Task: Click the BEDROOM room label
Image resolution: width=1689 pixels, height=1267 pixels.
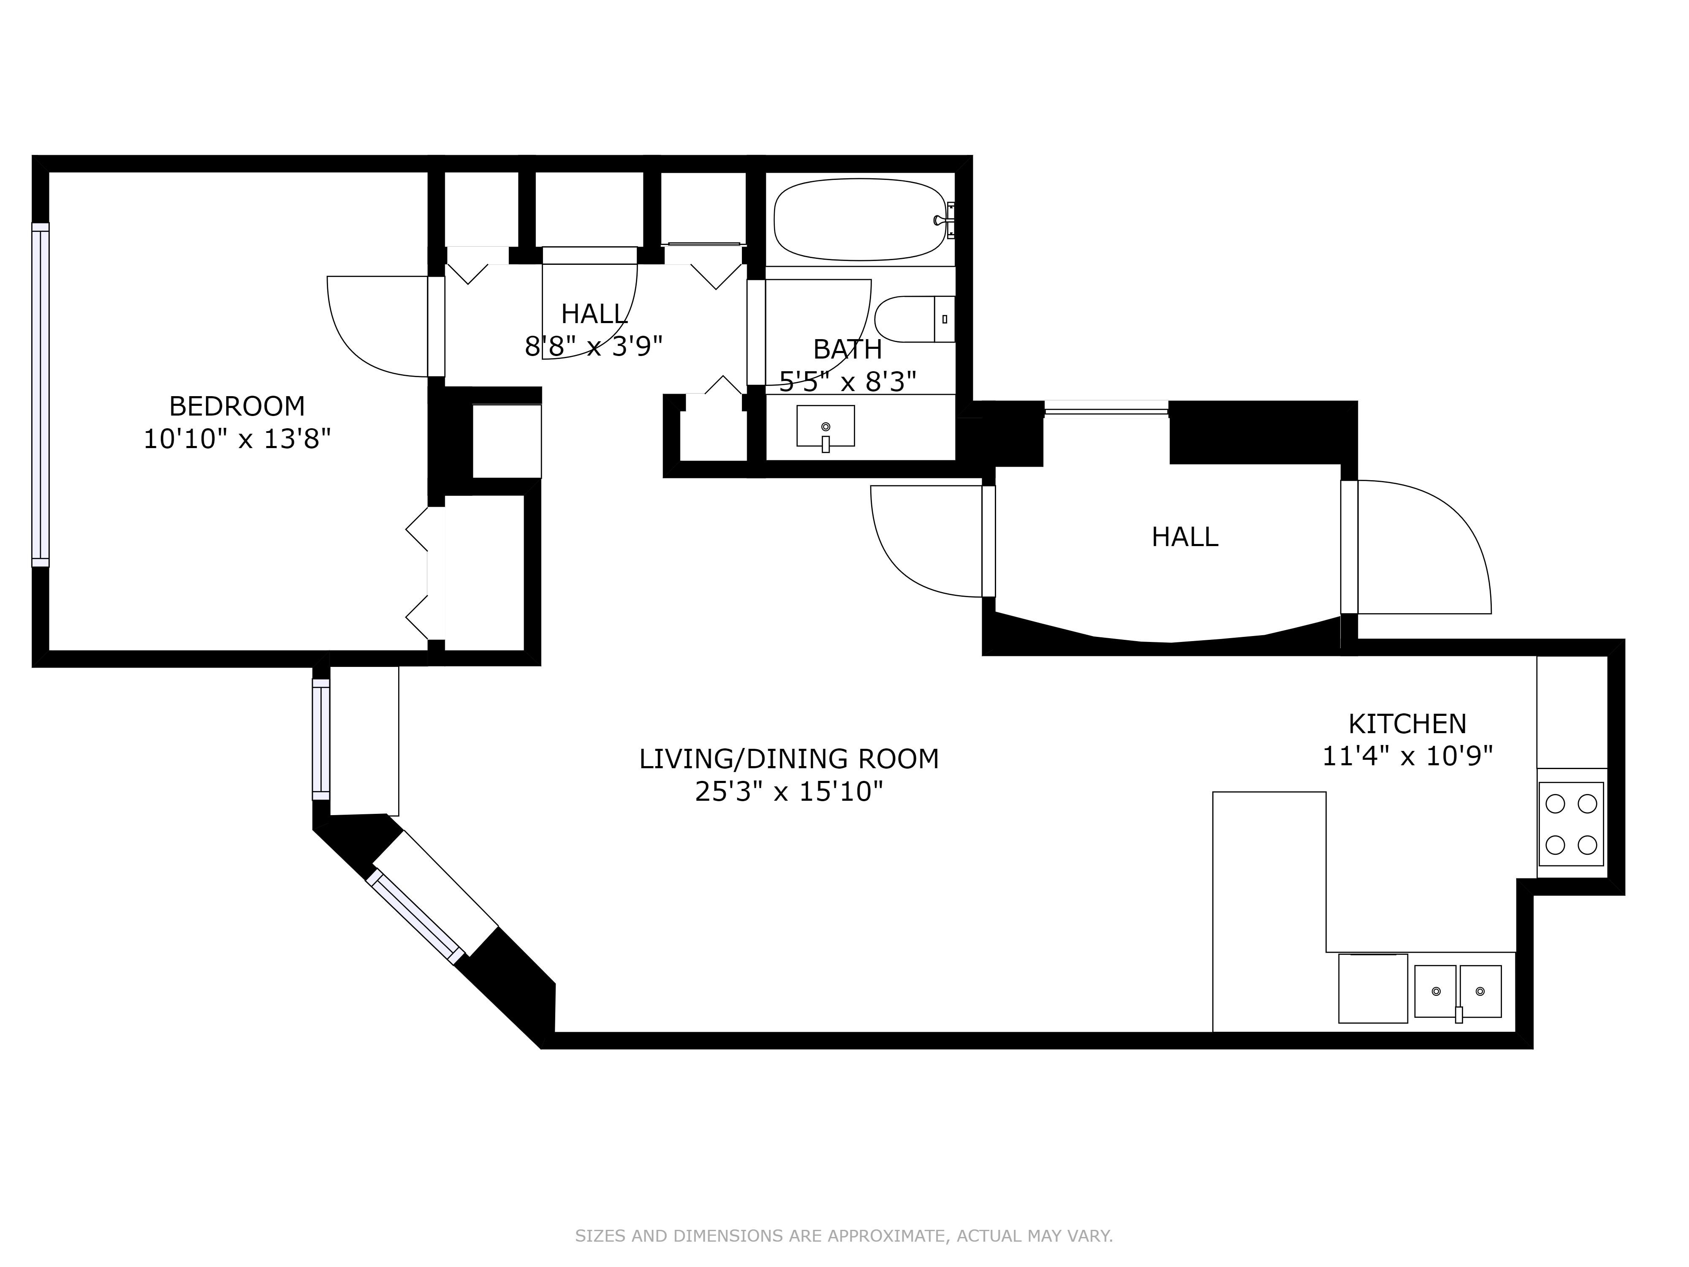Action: pos(237,405)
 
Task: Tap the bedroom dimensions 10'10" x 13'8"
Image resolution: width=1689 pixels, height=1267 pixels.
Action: pos(237,439)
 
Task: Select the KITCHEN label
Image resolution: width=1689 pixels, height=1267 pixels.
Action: pos(1407,723)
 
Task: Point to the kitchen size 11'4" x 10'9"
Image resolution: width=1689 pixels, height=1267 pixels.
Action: pos(1407,756)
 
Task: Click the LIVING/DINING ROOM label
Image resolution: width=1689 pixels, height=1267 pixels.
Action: pos(789,759)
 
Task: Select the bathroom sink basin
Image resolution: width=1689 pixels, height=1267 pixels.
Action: pos(825,426)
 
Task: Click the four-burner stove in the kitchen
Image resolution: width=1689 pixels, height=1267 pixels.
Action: pos(1571,824)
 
